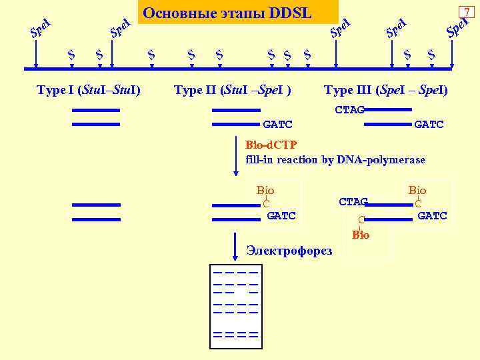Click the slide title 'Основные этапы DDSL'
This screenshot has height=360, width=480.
227,13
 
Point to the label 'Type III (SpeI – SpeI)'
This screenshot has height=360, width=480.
385,90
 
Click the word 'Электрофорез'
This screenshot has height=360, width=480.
289,251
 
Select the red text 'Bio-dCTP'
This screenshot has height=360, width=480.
271,145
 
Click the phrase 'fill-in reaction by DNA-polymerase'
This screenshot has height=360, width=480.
335,159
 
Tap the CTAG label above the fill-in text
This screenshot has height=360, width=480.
349,110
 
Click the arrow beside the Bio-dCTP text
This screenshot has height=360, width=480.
235,157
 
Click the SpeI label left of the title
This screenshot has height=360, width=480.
119,27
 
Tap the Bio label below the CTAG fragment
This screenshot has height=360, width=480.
361,235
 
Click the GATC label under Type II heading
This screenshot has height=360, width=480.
278,125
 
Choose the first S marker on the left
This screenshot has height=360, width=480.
71,54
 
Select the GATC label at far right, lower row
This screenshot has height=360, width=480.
432,215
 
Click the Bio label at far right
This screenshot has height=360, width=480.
417,191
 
